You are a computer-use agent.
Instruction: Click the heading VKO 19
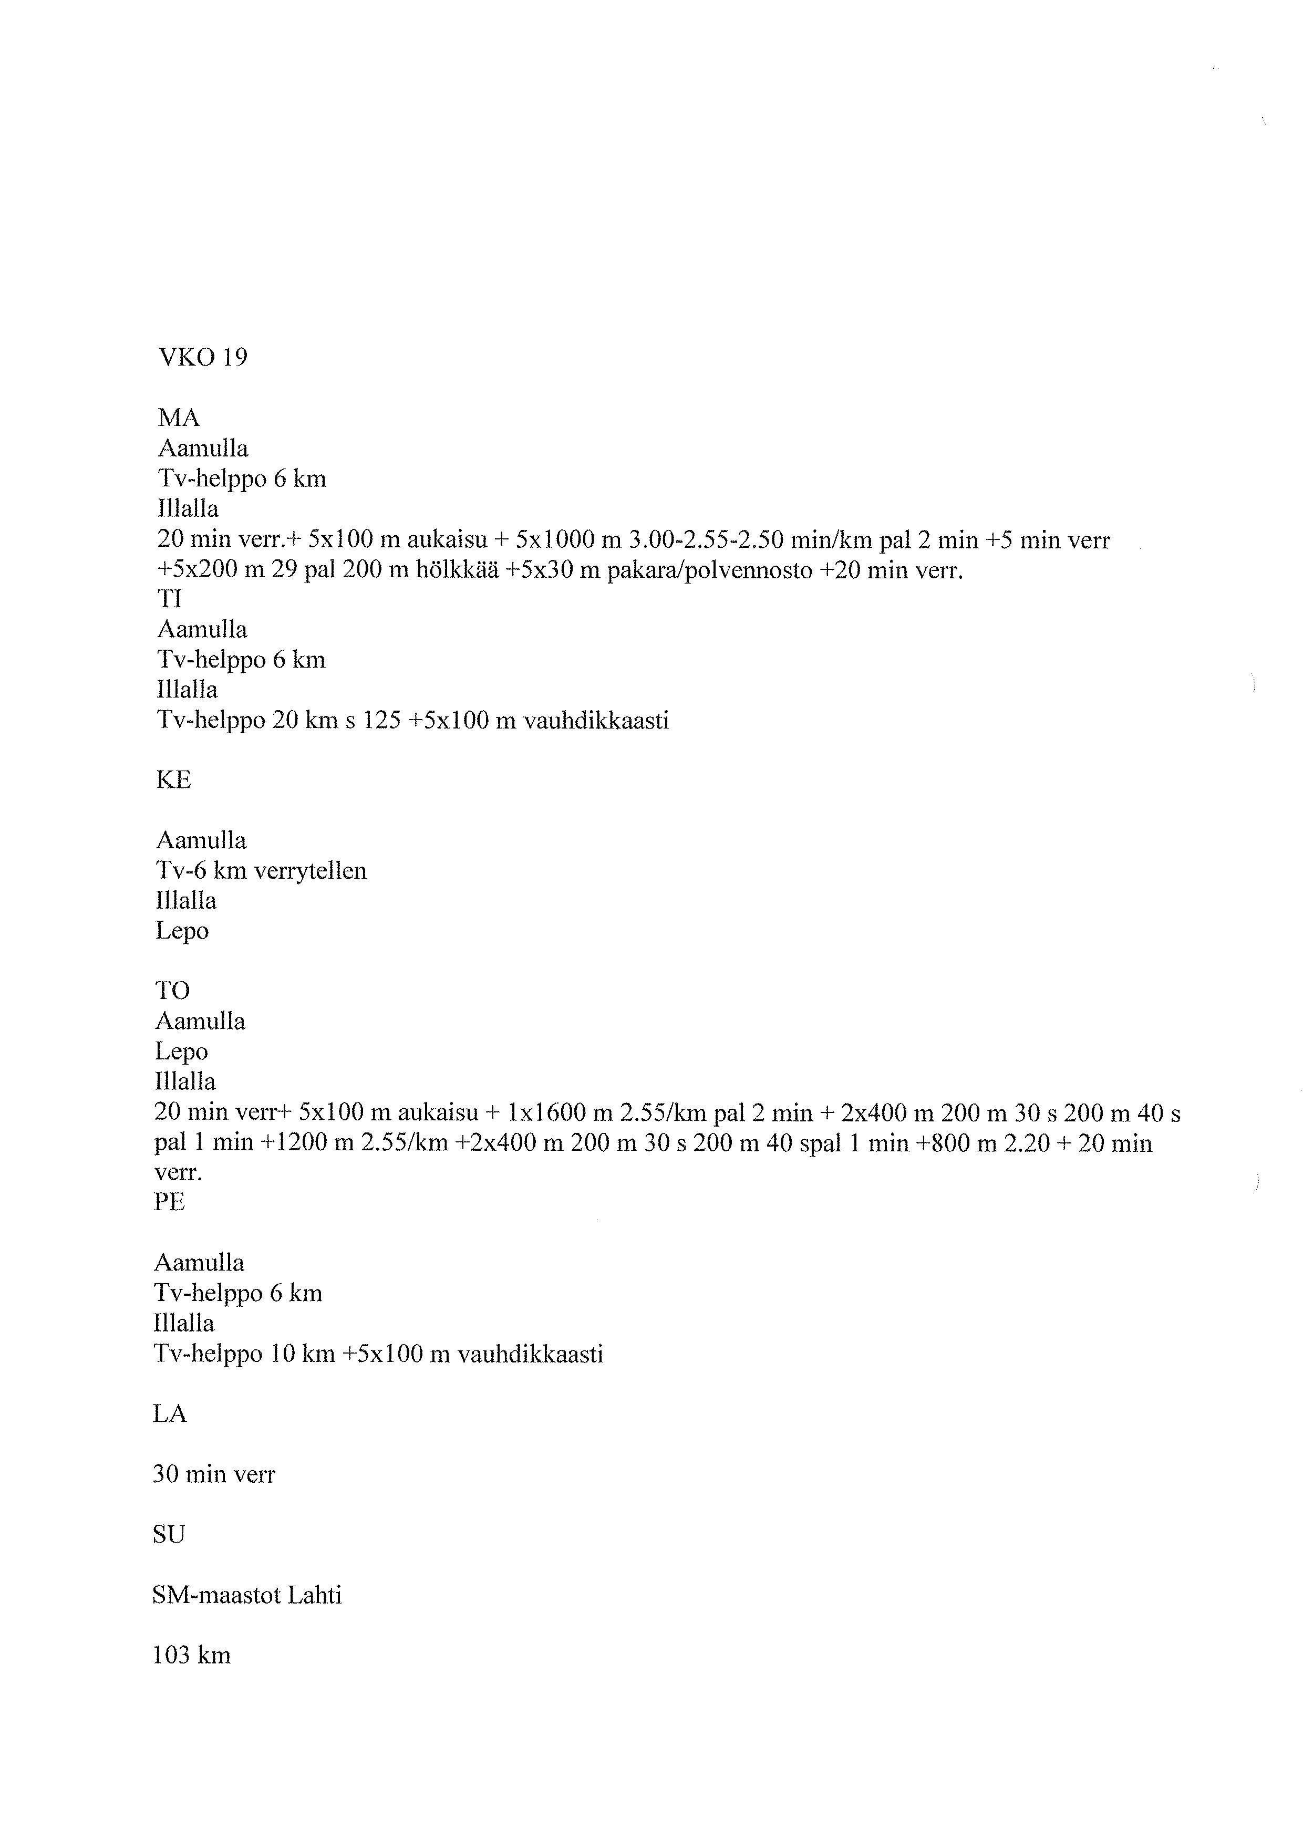(x=203, y=357)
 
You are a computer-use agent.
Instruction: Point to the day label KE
(x=173, y=780)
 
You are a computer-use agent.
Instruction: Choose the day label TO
(x=172, y=991)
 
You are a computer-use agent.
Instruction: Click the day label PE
(x=169, y=1202)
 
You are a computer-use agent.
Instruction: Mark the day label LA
(x=169, y=1413)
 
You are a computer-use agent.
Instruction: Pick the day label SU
(x=169, y=1535)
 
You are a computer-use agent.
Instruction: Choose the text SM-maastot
(x=215, y=1595)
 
